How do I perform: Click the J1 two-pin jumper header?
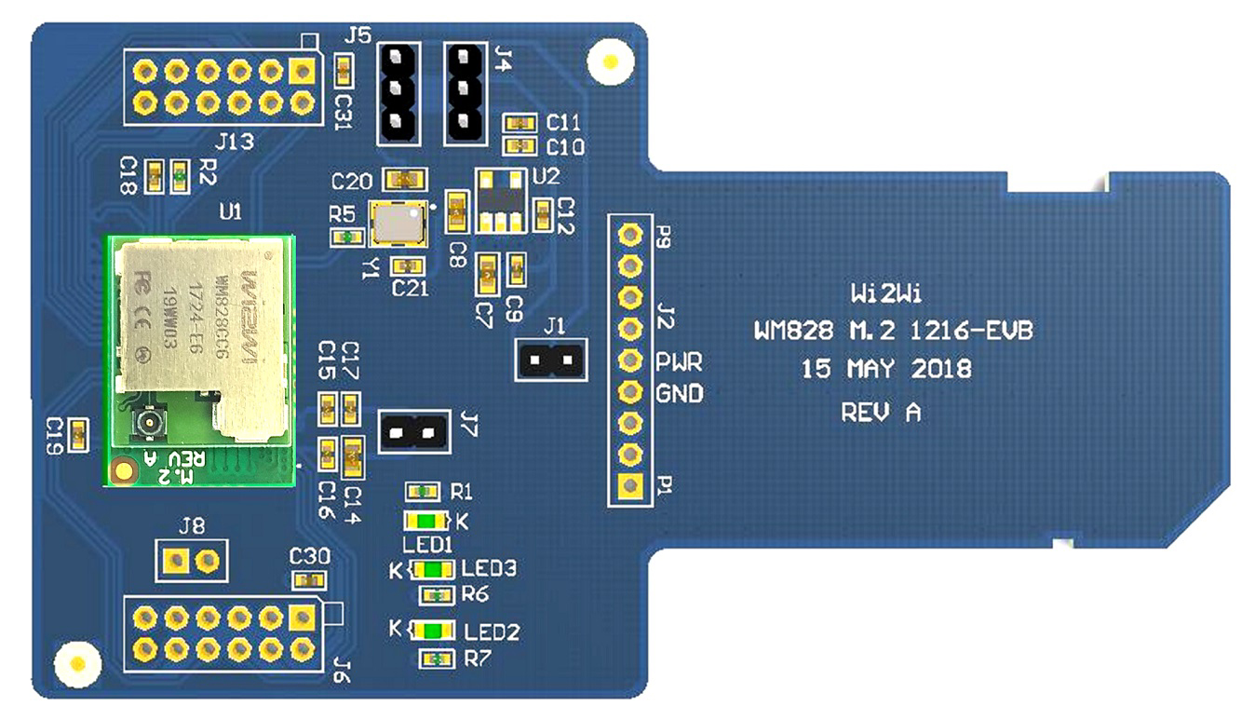point(552,359)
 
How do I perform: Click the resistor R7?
point(432,659)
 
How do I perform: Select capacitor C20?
point(405,178)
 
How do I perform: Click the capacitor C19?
point(78,432)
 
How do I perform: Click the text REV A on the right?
point(881,412)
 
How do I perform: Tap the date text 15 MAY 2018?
point(885,369)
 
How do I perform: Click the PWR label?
point(679,360)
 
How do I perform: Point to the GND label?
point(680,393)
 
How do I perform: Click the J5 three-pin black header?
point(398,92)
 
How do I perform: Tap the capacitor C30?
point(310,581)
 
